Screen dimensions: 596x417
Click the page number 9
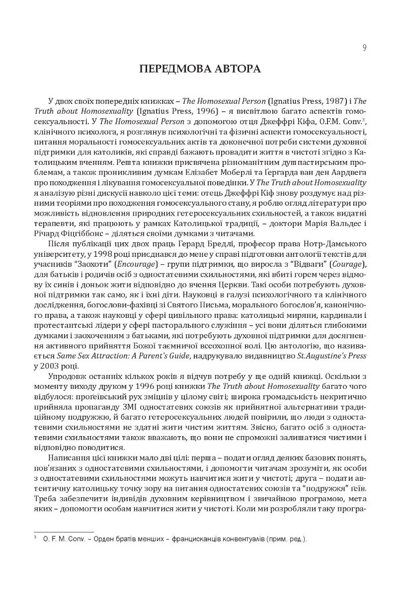click(364, 48)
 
